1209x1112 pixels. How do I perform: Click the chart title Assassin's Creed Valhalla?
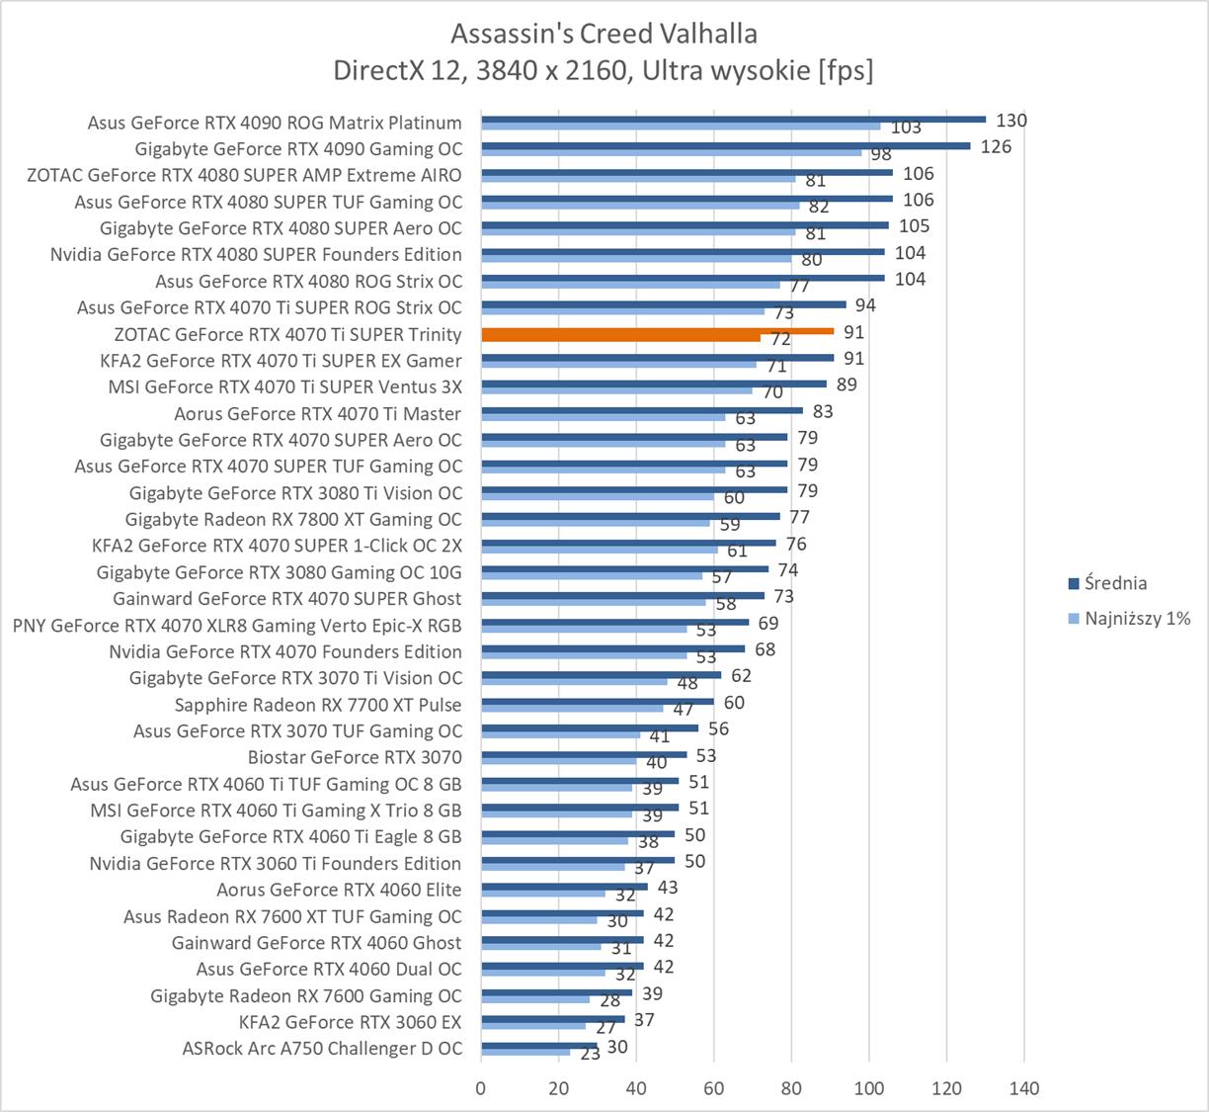pos(604,34)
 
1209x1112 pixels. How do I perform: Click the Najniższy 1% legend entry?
pos(1137,619)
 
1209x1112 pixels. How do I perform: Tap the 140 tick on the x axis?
pos(1024,1088)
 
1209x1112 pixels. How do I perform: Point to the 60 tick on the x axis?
pos(714,1088)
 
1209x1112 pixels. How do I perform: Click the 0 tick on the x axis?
pos(481,1088)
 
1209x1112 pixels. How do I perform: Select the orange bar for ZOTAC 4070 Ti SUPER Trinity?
pos(658,332)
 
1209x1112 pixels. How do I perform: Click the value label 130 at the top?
pos(1011,121)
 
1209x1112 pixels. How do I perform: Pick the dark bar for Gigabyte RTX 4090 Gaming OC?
pos(725,145)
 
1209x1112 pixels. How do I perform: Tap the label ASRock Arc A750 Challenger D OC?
pos(322,1049)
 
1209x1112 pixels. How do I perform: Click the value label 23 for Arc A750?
pos(591,1055)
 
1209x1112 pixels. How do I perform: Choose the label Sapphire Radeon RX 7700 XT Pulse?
pos(318,705)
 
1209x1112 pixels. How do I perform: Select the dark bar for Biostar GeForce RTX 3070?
pos(584,754)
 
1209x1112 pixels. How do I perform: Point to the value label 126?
pos(996,146)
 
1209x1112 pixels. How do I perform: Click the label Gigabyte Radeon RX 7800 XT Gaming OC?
pos(293,519)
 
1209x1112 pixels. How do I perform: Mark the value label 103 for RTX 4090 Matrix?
pos(906,128)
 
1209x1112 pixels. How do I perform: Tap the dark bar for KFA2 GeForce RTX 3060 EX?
pos(552,1018)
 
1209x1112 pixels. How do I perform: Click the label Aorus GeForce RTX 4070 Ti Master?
pos(318,413)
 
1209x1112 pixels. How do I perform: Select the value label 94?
pos(865,305)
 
